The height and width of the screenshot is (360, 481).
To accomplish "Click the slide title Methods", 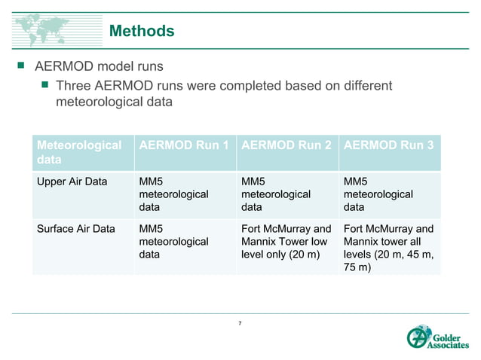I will pyautogui.click(x=142, y=31).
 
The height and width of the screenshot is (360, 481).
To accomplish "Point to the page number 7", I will pyautogui.click(x=240, y=323).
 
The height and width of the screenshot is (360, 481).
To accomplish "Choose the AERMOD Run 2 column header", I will pyautogui.click(x=286, y=145).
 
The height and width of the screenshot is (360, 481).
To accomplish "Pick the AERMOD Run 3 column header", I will pyautogui.click(x=388, y=145).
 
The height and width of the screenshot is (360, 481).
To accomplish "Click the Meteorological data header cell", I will pyautogui.click(x=79, y=153).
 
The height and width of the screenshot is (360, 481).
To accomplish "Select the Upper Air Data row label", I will pyautogui.click(x=72, y=182).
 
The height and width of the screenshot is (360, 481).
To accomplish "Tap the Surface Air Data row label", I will pyautogui.click(x=76, y=229).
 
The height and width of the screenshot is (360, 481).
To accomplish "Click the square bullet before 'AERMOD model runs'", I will pyautogui.click(x=21, y=69).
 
